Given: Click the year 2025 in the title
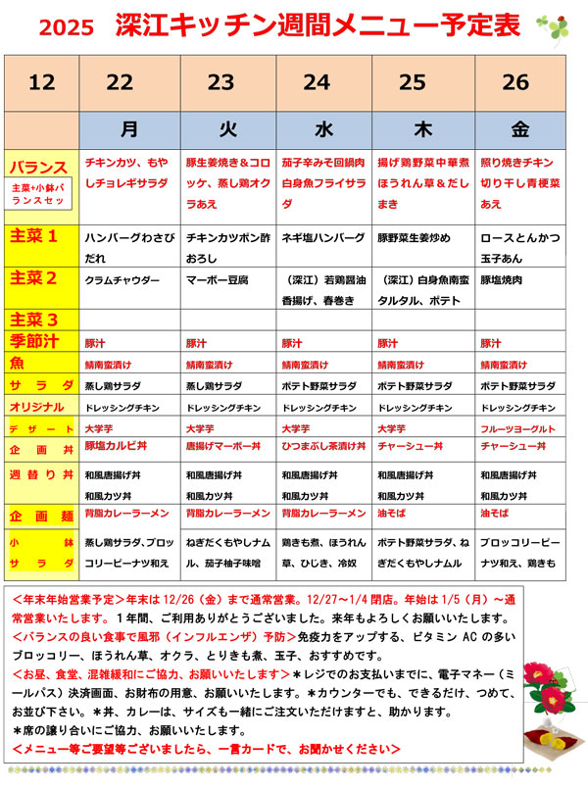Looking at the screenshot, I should tap(66, 27).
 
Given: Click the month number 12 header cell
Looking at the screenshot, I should tap(41, 82).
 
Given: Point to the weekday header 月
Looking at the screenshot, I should tap(129, 128).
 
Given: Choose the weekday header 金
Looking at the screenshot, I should tap(519, 128).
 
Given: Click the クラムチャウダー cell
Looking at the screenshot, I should tap(122, 280).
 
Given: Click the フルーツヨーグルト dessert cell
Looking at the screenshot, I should tap(518, 428).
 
